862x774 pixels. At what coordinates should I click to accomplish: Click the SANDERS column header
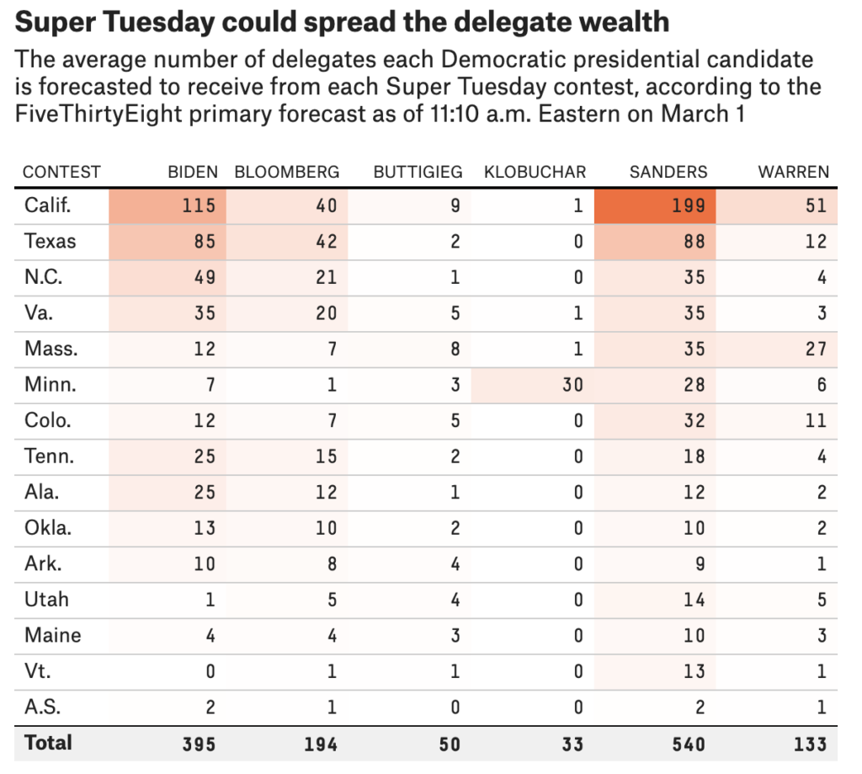pos(668,172)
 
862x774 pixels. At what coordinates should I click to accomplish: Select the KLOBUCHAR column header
pos(535,172)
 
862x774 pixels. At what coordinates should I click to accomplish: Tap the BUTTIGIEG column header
pos(418,172)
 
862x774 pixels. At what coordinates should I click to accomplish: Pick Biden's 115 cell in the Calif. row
pos(198,206)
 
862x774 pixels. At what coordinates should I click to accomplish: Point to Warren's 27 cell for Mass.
pos(816,349)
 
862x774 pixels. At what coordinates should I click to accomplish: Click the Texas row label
pos(51,242)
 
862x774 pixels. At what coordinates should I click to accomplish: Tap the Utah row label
pos(46,600)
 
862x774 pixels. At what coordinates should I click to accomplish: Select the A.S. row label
pos(43,707)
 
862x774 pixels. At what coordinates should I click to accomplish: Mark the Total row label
pos(49,743)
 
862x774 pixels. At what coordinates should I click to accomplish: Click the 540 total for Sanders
pos(689,744)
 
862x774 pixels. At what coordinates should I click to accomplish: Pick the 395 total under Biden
pos(198,744)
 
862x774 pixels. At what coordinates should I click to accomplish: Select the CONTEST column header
pos(61,172)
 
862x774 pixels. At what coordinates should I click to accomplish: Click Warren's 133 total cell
pos(809,744)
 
